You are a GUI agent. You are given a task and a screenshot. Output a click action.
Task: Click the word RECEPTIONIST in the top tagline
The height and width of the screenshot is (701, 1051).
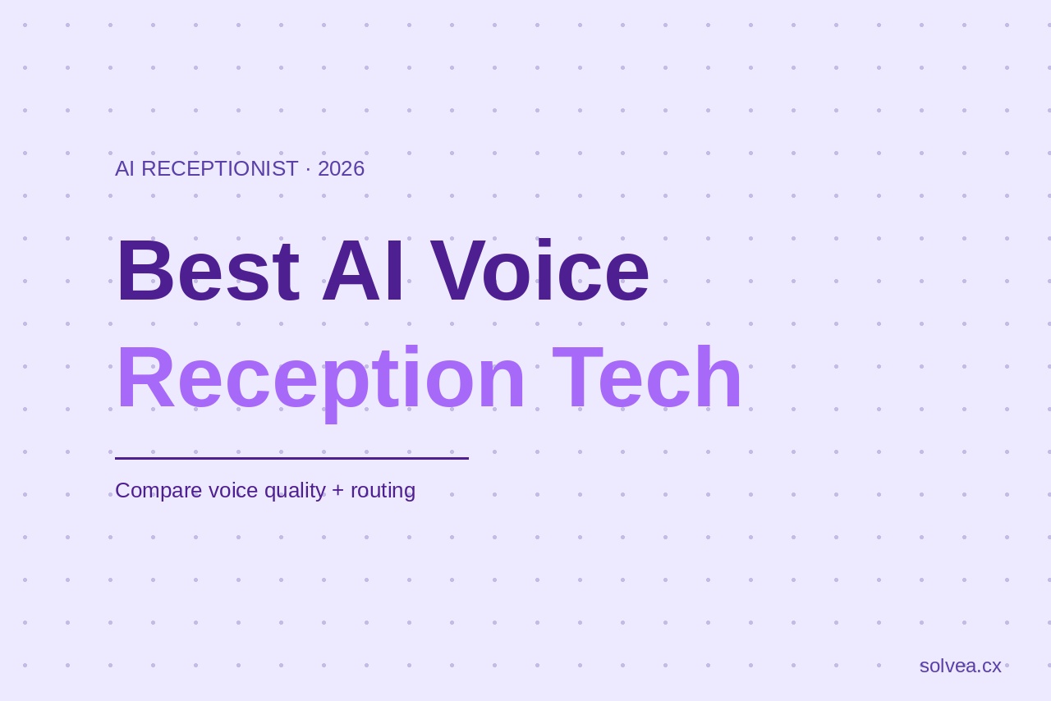coord(219,168)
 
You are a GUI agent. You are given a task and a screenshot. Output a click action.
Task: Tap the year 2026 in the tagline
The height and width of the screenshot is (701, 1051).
coord(341,168)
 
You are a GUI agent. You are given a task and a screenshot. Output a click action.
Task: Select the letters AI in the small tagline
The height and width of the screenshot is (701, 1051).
coord(124,168)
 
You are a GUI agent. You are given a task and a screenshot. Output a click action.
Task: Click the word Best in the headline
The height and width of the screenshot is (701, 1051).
coord(208,271)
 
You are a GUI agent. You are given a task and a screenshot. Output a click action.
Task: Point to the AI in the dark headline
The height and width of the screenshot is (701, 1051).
coord(362,271)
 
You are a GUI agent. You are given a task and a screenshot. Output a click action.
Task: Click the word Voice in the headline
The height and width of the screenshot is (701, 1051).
coord(539,271)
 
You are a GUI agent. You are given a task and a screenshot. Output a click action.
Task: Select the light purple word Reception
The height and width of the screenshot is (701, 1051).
coord(320,378)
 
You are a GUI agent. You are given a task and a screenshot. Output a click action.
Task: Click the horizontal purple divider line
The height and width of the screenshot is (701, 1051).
coord(291,458)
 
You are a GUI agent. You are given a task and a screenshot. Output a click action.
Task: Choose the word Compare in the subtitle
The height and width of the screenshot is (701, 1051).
coord(158,490)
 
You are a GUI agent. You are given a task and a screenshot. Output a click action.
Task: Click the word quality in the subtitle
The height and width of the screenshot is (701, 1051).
coord(295,491)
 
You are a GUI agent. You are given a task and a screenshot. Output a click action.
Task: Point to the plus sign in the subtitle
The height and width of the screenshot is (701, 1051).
coord(338,491)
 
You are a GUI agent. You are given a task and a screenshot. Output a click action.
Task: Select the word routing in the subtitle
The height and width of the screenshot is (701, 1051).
coord(383,491)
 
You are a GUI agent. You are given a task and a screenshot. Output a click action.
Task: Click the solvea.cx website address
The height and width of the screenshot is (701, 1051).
coord(960,666)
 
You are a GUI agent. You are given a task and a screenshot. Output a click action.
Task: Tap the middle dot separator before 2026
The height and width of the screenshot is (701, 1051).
coord(308,168)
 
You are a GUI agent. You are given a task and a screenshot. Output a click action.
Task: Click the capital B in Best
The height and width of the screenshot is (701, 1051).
coord(145,271)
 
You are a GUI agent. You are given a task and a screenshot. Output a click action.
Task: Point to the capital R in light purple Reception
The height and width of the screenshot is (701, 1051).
coord(145,378)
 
